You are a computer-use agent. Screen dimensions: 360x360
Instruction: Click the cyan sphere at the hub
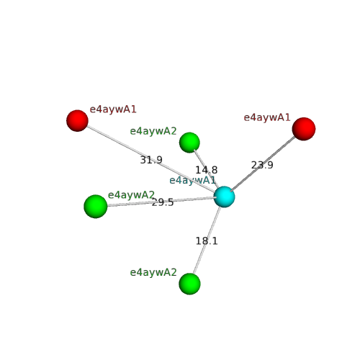click(x=224, y=197)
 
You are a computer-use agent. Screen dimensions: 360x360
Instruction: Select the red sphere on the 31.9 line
click(x=77, y=121)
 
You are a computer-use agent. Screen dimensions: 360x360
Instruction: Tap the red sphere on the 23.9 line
click(x=304, y=129)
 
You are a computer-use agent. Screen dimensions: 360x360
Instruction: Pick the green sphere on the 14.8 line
click(x=189, y=143)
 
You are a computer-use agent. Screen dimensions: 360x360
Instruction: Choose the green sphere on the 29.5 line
click(x=96, y=207)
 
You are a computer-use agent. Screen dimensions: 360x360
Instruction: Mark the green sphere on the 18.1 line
click(x=189, y=284)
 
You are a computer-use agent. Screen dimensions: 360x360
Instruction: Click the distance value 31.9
click(x=151, y=160)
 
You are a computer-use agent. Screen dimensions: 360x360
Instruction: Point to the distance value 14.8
click(x=207, y=170)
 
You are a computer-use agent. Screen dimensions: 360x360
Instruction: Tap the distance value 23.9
click(x=262, y=165)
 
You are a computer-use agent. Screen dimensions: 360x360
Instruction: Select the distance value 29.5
click(x=163, y=202)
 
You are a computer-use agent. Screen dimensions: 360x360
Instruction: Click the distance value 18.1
click(x=207, y=241)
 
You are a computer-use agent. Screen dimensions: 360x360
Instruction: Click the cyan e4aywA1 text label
click(x=192, y=181)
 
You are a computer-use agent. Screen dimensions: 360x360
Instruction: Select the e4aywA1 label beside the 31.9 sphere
click(x=113, y=109)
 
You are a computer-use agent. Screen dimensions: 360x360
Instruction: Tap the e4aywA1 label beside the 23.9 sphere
click(x=267, y=117)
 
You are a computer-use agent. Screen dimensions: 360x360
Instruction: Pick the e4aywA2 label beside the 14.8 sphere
click(x=153, y=131)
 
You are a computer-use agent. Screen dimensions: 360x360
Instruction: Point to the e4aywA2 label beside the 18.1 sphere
click(x=153, y=272)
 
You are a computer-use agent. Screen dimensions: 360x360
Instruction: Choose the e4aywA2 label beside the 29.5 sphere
click(x=131, y=195)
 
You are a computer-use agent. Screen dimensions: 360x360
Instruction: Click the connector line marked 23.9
click(x=263, y=164)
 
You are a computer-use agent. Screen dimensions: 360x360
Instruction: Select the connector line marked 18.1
click(x=207, y=240)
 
